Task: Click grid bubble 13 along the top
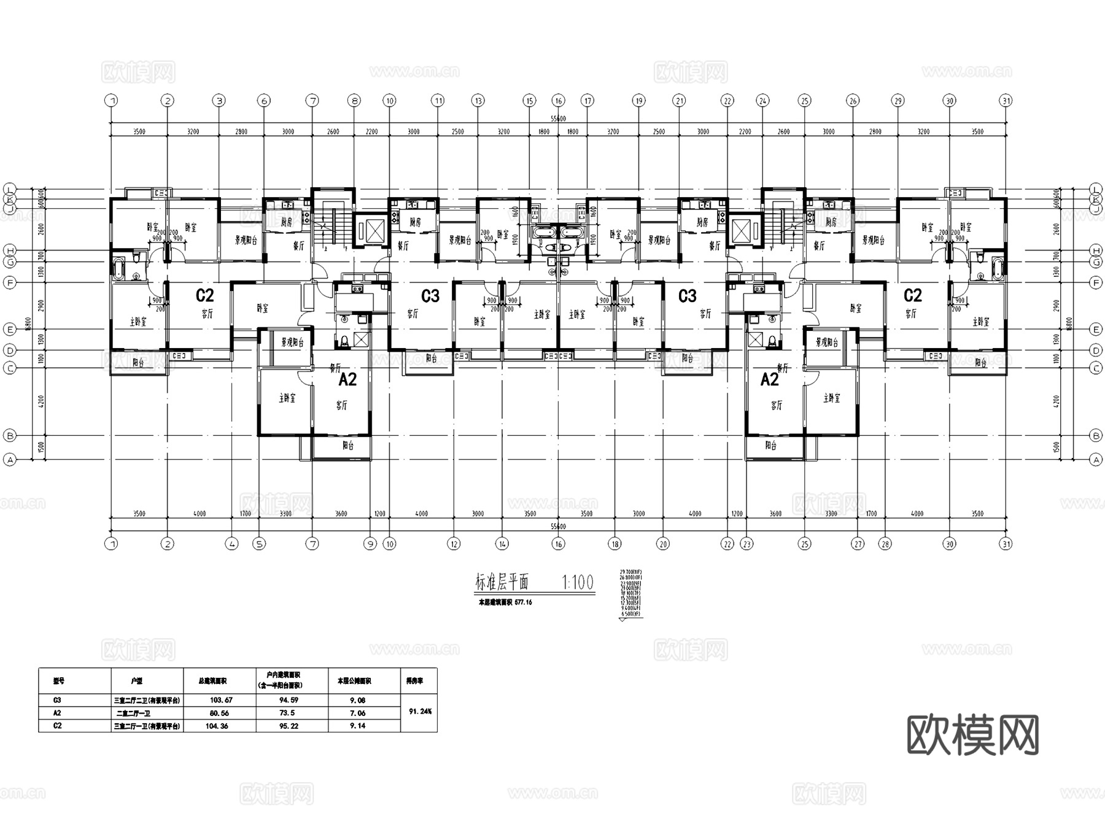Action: (x=478, y=100)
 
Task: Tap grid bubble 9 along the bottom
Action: (x=370, y=543)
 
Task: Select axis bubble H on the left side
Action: (x=9, y=250)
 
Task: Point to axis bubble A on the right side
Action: (x=1096, y=459)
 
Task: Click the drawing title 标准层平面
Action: (x=502, y=582)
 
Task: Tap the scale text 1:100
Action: (x=578, y=582)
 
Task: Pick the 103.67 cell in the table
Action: (x=221, y=700)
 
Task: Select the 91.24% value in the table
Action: (x=420, y=712)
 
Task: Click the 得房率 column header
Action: (x=414, y=680)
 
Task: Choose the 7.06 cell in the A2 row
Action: (x=357, y=713)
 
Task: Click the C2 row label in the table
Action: (x=58, y=726)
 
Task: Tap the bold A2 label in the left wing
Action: (x=347, y=380)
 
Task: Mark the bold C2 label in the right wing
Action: (x=912, y=296)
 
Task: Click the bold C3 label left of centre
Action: (x=430, y=297)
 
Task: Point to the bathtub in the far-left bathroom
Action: (x=118, y=269)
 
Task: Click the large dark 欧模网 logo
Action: (x=972, y=735)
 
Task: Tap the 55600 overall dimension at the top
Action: (x=558, y=118)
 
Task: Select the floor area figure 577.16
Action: (x=523, y=602)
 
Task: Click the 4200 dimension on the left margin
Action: (x=41, y=402)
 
